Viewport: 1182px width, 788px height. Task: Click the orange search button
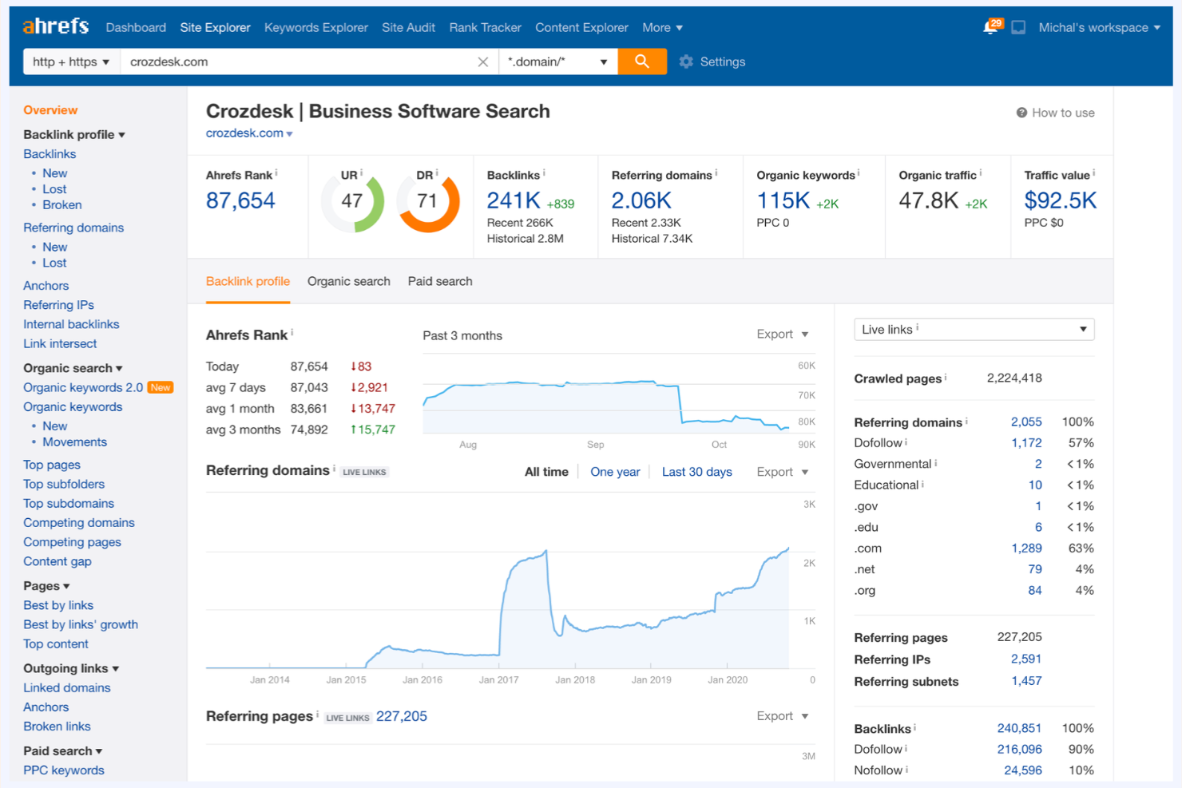[x=641, y=61]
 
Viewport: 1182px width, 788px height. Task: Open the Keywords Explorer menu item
[x=315, y=27]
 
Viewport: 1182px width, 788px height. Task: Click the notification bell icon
[x=990, y=28]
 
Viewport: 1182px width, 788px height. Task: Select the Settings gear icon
[x=686, y=61]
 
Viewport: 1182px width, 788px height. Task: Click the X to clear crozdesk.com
[x=482, y=61]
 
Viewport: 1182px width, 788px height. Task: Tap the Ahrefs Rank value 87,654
[x=240, y=200]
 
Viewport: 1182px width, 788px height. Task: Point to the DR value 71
[x=427, y=201]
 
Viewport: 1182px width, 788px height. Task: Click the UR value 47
[x=352, y=201]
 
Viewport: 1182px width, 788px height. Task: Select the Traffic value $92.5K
[x=1060, y=200]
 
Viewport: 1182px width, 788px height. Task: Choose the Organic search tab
[x=348, y=281]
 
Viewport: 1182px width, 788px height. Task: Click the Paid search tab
[x=440, y=281]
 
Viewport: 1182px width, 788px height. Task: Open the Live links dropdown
[x=974, y=329]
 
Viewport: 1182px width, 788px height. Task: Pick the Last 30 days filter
[x=696, y=472]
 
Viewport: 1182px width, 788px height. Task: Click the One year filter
[x=615, y=472]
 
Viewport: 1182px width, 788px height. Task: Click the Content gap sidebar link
[x=58, y=561]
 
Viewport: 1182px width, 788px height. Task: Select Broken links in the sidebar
[x=57, y=727]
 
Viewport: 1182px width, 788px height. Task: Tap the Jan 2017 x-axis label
[x=498, y=680]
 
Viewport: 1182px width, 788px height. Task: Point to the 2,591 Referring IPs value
[x=1025, y=659]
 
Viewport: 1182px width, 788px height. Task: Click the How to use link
[x=1055, y=113]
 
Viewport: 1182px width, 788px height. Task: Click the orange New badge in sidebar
[x=161, y=387]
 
